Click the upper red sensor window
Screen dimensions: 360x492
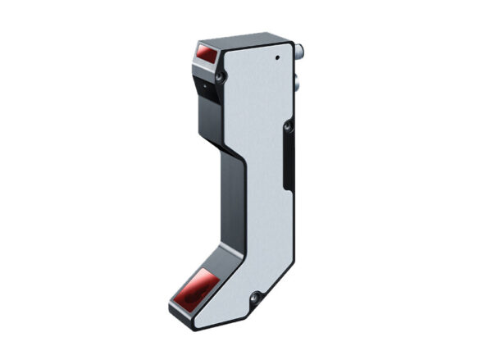tap(207, 56)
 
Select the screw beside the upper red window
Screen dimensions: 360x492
tap(220, 76)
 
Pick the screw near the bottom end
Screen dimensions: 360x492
tap(255, 297)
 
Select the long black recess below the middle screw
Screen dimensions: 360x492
tap(289, 164)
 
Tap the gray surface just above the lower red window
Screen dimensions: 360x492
tap(212, 265)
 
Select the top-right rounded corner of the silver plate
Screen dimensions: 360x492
tap(288, 44)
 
